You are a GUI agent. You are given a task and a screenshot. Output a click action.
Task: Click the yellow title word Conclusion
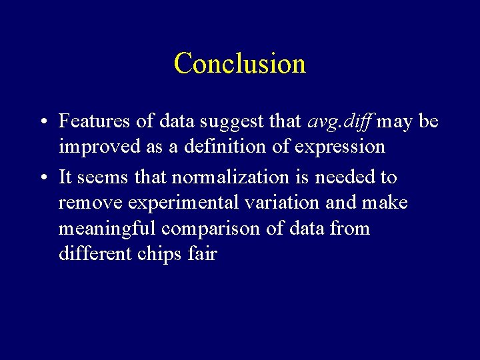point(240,63)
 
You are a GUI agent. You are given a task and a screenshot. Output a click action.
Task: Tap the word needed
point(347,177)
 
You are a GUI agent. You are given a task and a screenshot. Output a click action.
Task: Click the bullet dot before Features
point(42,122)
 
